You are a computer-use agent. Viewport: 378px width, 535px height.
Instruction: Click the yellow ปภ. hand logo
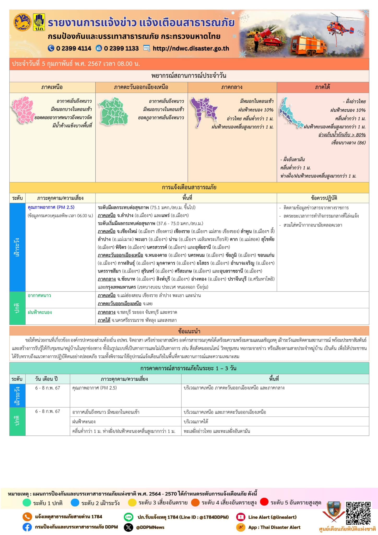click(x=39, y=22)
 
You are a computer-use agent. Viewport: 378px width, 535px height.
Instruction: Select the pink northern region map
click(x=23, y=109)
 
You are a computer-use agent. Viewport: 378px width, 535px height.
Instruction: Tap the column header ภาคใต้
click(x=322, y=87)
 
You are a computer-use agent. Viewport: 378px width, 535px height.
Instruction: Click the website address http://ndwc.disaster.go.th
click(x=191, y=49)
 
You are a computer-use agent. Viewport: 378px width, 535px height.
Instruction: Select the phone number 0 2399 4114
click(x=73, y=49)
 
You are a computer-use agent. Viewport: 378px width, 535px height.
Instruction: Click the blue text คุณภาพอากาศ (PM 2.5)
click(x=51, y=207)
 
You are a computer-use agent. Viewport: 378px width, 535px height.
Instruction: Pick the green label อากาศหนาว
click(x=39, y=295)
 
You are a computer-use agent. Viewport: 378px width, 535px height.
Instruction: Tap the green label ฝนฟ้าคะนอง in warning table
click(x=40, y=312)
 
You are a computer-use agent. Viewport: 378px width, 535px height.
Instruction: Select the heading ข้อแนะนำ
click(x=189, y=331)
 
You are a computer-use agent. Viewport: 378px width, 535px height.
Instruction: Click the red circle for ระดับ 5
click(x=264, y=502)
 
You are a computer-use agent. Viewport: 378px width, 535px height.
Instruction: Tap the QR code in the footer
click(x=358, y=513)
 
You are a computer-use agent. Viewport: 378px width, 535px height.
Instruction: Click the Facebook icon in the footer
click(x=27, y=527)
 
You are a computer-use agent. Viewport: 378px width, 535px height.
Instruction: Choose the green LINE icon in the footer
click(x=128, y=517)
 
